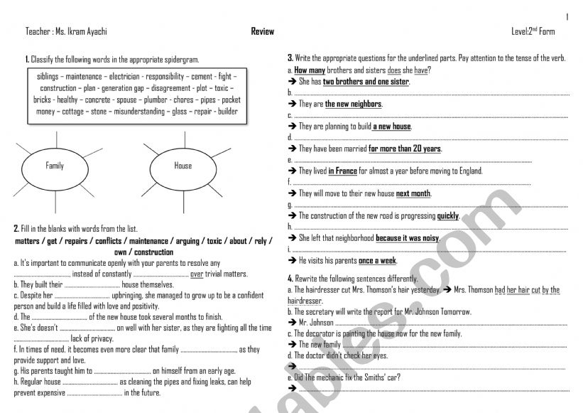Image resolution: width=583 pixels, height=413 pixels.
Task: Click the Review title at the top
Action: click(262, 32)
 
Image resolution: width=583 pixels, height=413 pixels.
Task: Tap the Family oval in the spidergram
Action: click(55, 166)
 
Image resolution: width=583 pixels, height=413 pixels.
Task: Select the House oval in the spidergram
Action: click(182, 166)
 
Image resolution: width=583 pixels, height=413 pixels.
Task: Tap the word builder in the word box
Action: click(228, 112)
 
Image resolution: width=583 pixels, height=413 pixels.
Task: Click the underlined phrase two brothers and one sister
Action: click(366, 82)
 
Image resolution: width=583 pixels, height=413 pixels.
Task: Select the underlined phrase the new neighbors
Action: click(353, 104)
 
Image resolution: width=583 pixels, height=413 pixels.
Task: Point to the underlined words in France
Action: click(342, 171)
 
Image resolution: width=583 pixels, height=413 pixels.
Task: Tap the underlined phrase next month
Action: click(413, 193)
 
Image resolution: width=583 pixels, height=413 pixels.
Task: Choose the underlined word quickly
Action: click(447, 215)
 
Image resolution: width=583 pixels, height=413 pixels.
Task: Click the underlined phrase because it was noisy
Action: click(408, 238)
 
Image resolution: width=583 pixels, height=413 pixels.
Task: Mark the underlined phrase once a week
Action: click(378, 261)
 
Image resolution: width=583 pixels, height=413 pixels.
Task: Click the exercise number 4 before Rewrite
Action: click(290, 278)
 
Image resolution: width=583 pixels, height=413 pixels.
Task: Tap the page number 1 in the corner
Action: click(568, 16)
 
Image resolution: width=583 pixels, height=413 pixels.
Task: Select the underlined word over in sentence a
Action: click(197, 274)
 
